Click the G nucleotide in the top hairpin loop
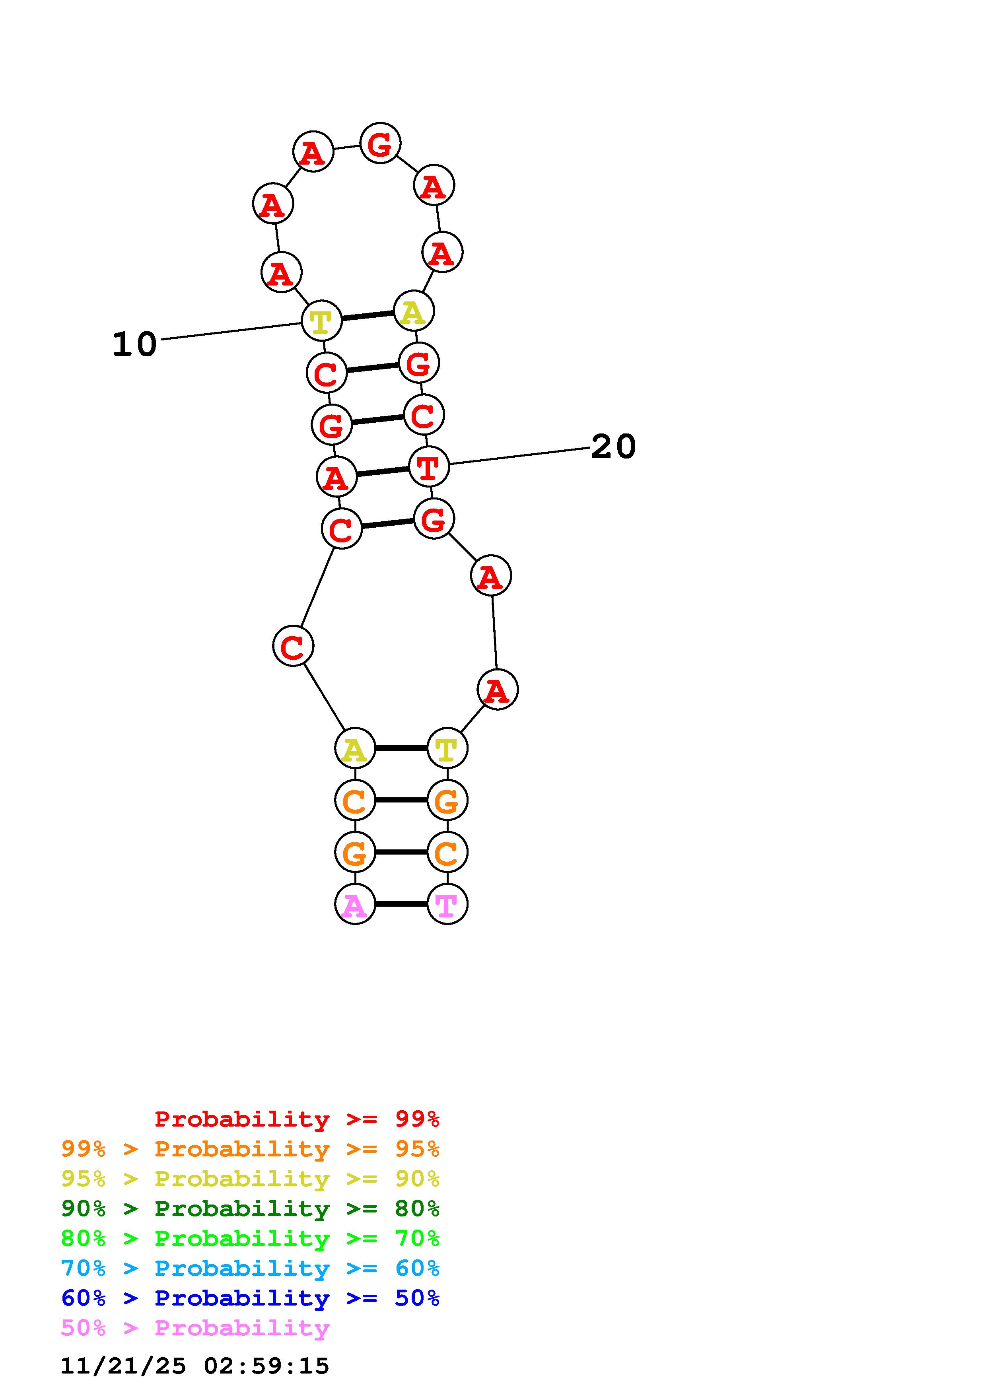[380, 144]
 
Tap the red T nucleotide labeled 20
[429, 466]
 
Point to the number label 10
[134, 344]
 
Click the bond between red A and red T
[383, 472]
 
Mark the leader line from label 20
[519, 456]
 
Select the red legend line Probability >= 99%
[297, 1119]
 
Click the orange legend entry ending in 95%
[250, 1149]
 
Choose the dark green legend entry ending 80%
[250, 1208]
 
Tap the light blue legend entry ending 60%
[250, 1268]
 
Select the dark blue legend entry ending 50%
[250, 1298]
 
